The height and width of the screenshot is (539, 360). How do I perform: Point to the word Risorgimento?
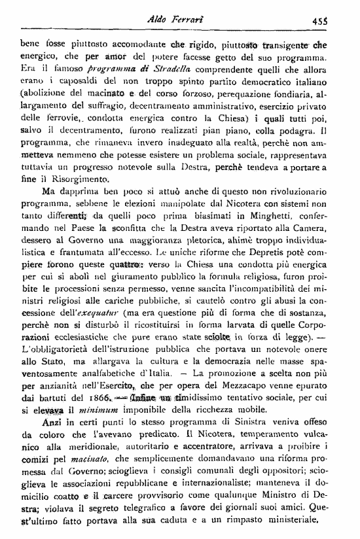82,179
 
